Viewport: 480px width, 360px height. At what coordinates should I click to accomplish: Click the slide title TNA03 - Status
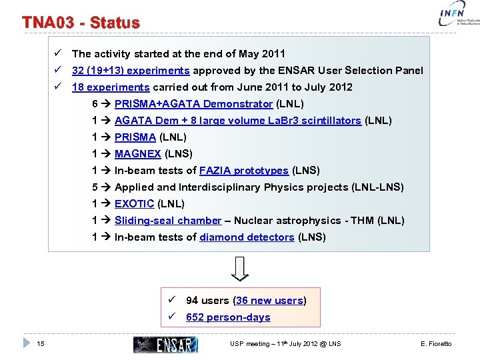tap(81, 23)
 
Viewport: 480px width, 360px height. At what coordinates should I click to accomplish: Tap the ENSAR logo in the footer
tap(166, 344)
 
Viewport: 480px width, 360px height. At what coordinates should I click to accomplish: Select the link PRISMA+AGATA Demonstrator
tap(193, 104)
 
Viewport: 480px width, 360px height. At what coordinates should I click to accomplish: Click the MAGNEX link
tap(138, 154)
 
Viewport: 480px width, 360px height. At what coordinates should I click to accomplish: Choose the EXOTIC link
tap(134, 204)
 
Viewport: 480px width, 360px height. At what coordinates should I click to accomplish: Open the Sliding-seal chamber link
tap(168, 221)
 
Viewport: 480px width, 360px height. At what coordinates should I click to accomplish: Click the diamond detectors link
tap(247, 237)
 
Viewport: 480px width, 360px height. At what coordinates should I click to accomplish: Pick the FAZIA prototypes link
tap(244, 171)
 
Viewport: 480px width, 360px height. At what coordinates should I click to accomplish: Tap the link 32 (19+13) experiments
tap(131, 71)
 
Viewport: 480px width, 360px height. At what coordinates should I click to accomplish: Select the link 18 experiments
tap(111, 87)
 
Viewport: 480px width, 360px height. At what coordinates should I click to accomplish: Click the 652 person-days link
tap(228, 317)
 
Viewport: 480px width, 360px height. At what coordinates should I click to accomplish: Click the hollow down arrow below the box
tap(241, 268)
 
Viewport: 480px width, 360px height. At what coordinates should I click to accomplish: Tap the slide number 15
tap(41, 343)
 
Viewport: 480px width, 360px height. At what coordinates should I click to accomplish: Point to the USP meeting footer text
tap(285, 344)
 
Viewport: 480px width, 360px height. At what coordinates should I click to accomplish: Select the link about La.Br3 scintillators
tap(238, 121)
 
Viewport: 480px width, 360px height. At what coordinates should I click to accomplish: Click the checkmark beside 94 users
tap(172, 301)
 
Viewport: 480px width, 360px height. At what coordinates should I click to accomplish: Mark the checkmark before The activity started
tap(59, 53)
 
